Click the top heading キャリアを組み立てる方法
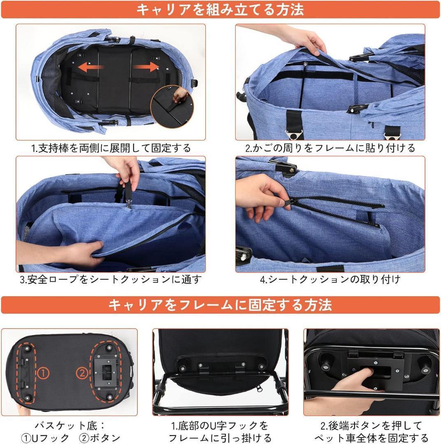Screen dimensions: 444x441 click(220, 9)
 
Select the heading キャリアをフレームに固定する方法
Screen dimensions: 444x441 click(220, 305)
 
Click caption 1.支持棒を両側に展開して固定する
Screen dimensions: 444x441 click(111, 148)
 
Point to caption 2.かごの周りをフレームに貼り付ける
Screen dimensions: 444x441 click(330, 148)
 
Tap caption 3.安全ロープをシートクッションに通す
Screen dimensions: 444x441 click(111, 280)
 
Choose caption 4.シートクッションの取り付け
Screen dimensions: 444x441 click(330, 280)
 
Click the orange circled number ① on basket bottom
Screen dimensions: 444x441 click(44, 373)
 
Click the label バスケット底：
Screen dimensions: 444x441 click(70, 425)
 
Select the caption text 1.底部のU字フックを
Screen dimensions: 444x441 click(220, 425)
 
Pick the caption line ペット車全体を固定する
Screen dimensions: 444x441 click(371, 437)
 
